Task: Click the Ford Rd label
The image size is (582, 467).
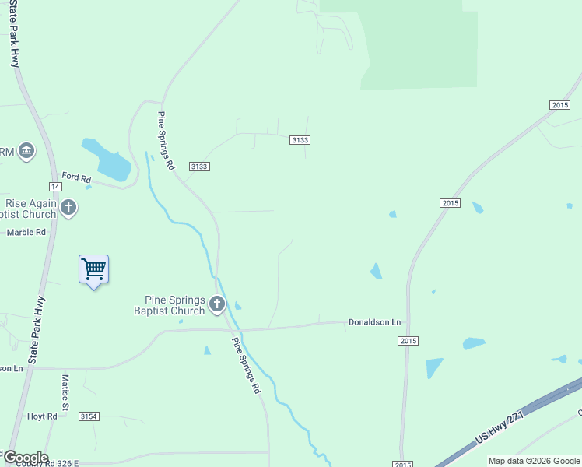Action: point(77,176)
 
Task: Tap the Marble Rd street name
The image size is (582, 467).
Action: point(26,232)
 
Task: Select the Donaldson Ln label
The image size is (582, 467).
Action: point(374,321)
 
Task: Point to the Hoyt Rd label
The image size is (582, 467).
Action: point(42,416)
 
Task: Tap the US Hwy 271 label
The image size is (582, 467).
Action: point(500,429)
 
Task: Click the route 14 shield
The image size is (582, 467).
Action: point(54,187)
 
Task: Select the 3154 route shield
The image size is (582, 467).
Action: point(89,417)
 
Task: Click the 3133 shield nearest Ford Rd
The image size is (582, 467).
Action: point(198,167)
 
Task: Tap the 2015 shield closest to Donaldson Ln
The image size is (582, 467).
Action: point(408,341)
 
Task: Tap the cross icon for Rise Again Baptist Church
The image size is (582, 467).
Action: point(68,208)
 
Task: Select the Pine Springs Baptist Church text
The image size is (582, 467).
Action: point(175,305)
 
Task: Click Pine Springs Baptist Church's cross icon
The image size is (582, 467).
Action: point(217,304)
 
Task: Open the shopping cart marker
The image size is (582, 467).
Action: point(93,269)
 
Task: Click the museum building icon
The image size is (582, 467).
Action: point(26,149)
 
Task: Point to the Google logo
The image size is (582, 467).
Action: point(25,457)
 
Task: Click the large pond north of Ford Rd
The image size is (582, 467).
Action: point(109,160)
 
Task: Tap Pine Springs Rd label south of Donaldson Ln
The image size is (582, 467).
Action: point(245,364)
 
